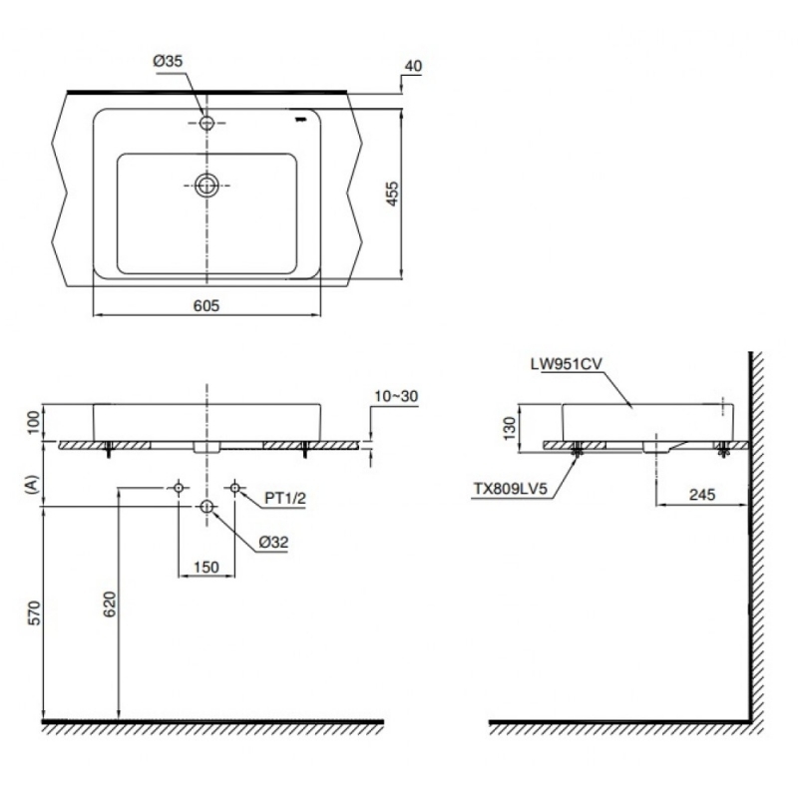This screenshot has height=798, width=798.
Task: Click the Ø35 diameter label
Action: pyautogui.click(x=168, y=61)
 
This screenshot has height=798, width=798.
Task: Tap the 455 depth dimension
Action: pyautogui.click(x=392, y=194)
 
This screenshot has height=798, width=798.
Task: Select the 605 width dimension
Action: pyautogui.click(x=206, y=306)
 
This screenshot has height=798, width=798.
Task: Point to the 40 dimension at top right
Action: pyautogui.click(x=413, y=66)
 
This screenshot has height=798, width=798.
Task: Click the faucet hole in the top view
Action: pyautogui.click(x=206, y=123)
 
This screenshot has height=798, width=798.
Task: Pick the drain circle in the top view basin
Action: pyautogui.click(x=206, y=186)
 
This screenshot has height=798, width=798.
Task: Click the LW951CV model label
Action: pyautogui.click(x=566, y=364)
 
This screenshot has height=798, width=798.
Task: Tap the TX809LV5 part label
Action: pyautogui.click(x=511, y=489)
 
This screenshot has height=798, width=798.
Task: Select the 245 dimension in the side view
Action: pyautogui.click(x=702, y=495)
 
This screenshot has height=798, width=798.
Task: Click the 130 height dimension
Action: pyautogui.click(x=509, y=428)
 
